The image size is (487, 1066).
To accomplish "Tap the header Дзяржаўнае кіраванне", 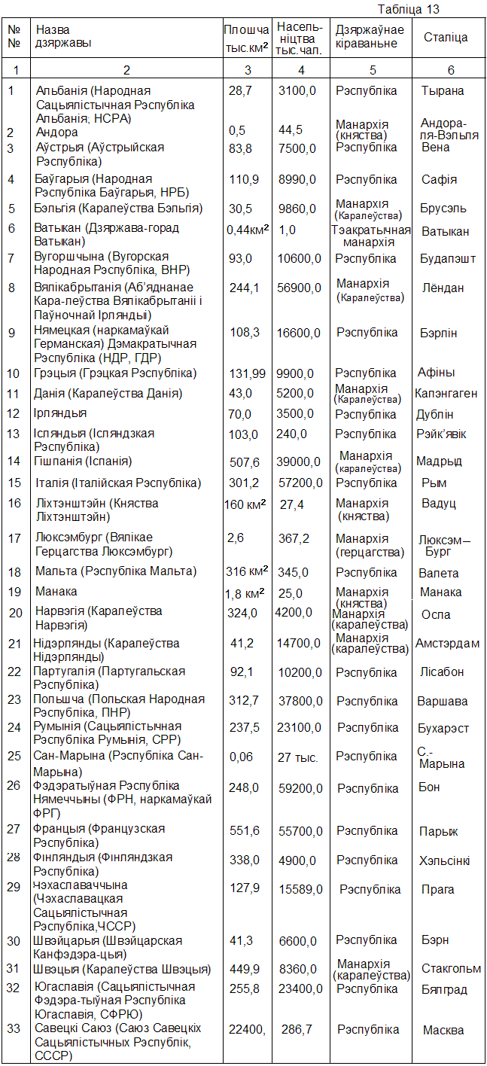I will point(370,37).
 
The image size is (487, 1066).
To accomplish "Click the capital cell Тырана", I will point(443,91).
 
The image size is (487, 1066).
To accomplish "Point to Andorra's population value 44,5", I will point(291,130).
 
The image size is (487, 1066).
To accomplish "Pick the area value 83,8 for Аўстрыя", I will point(240,148).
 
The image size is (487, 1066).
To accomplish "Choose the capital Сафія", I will point(440,180).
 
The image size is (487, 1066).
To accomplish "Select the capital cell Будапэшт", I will point(449,259).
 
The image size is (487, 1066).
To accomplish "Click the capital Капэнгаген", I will point(446,394).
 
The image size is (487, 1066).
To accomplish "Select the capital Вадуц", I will point(440,504).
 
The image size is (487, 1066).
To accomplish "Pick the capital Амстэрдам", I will point(447,644).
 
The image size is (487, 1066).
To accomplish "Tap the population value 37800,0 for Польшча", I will point(300,702).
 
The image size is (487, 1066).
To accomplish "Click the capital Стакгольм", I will point(451,969).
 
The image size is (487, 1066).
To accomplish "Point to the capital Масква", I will point(443,1031).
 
